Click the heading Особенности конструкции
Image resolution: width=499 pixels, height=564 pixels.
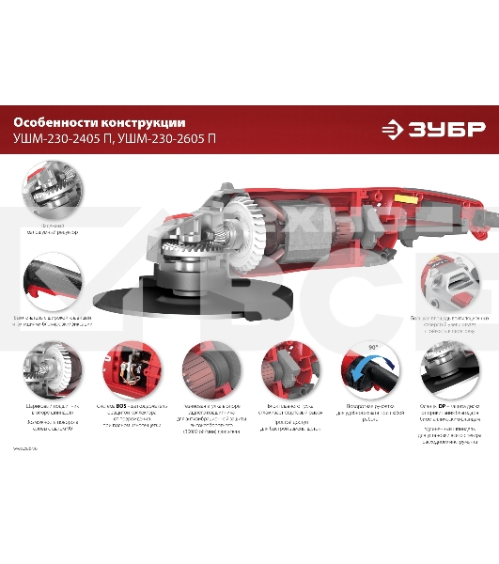click(99, 122)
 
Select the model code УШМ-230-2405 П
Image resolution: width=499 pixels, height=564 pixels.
click(64, 139)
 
